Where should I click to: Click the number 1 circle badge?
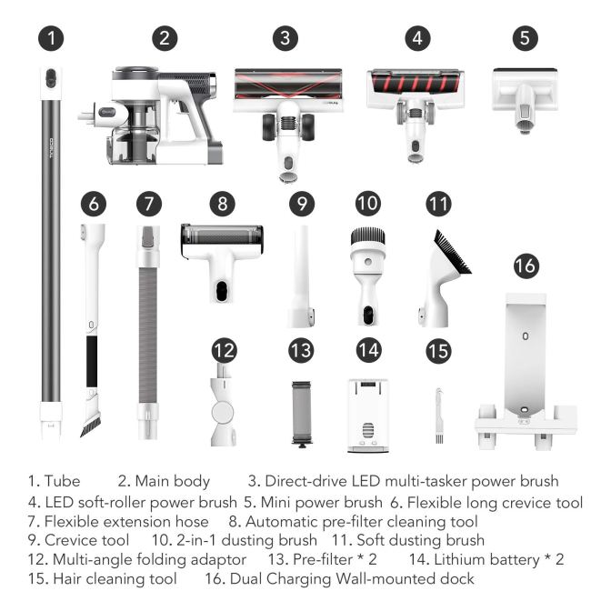point(51,38)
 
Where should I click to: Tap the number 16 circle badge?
point(526,266)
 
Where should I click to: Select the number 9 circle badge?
point(302,204)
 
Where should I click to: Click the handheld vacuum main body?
point(151,116)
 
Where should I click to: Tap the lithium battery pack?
point(368,416)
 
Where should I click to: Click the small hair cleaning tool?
point(439,416)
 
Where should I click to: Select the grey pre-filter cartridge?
point(302,415)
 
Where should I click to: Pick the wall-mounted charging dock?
point(526,371)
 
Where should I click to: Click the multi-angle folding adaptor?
point(223,406)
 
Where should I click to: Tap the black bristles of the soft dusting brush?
point(452,251)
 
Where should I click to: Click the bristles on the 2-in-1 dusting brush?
point(368,236)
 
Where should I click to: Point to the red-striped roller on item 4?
point(416,83)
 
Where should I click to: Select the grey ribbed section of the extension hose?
point(147,336)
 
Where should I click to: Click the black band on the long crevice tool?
point(92,362)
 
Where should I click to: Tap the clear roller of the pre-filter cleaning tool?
point(222,235)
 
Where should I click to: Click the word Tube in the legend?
point(62,481)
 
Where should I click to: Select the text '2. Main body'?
point(164,481)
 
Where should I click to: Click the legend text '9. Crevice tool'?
point(78,540)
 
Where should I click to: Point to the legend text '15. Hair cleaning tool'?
point(102,578)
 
